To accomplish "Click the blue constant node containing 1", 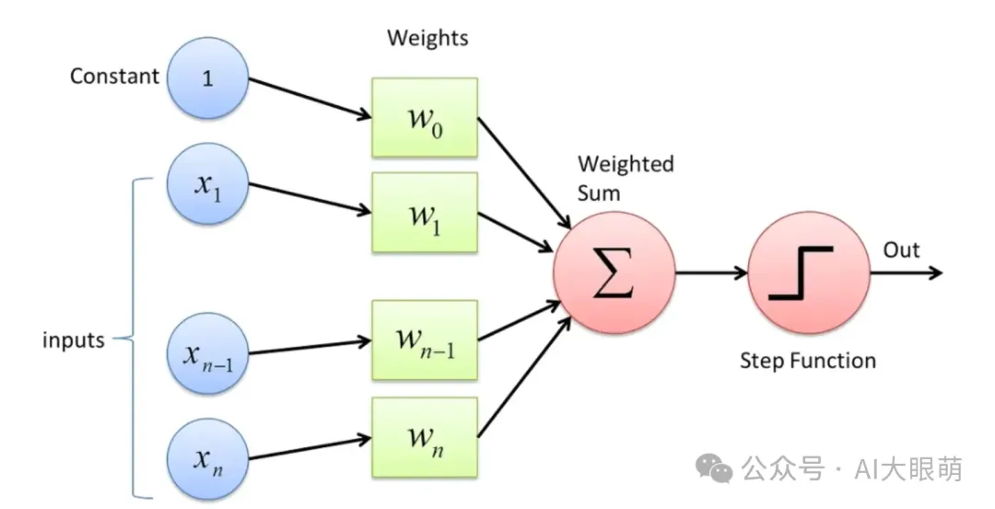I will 207,77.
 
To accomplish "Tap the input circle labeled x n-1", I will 207,354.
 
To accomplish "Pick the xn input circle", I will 207,458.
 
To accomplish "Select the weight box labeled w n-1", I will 424,340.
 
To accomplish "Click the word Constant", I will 115,76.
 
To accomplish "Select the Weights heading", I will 427,38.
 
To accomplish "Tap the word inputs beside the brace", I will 74,339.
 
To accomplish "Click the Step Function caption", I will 808,360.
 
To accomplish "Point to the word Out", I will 901,250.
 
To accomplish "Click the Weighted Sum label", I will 626,178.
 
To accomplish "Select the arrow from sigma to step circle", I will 710,273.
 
